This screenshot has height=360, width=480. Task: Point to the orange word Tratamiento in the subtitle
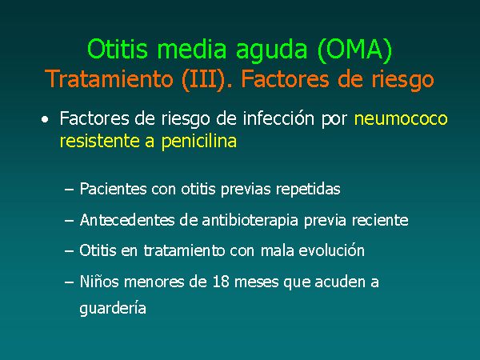click(109, 79)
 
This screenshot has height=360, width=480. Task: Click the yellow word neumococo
click(401, 118)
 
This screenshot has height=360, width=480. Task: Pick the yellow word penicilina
click(199, 141)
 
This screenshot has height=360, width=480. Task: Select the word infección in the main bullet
click(278, 118)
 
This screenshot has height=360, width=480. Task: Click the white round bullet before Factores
click(45, 120)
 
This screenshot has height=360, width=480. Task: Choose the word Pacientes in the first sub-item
click(113, 189)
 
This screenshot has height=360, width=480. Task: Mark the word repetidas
click(308, 190)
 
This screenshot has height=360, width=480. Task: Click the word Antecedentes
click(127, 220)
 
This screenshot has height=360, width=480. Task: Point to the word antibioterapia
click(250, 221)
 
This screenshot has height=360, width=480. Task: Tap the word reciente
click(380, 220)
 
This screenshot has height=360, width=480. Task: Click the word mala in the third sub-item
click(277, 250)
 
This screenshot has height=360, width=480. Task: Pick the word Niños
click(99, 282)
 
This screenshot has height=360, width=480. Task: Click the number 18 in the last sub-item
click(221, 282)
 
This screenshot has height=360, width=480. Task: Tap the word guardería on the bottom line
click(113, 308)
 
